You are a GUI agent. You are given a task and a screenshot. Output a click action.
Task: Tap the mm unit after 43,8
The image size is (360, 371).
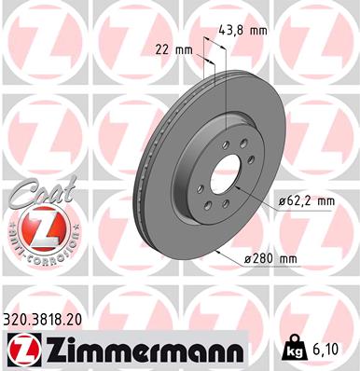click(x=260, y=30)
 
